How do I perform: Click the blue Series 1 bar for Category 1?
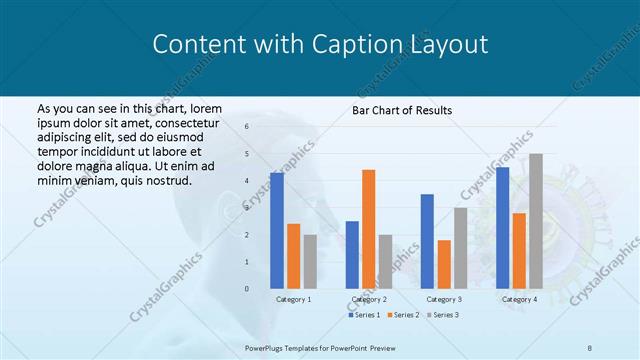pyautogui.click(x=277, y=230)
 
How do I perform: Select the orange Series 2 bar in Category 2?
pyautogui.click(x=368, y=229)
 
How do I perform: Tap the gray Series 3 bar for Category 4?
pyautogui.click(x=536, y=221)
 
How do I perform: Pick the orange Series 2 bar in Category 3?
pyautogui.click(x=443, y=264)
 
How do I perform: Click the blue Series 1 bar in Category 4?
pyautogui.click(x=502, y=227)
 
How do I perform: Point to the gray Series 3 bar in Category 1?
pyautogui.click(x=310, y=261)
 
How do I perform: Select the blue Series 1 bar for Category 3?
pyautogui.click(x=427, y=241)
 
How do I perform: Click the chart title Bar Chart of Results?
pyautogui.click(x=402, y=110)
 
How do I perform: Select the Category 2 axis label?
pyautogui.click(x=369, y=299)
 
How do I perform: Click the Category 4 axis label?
pyautogui.click(x=519, y=299)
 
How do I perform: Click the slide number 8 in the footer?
pyautogui.click(x=589, y=346)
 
